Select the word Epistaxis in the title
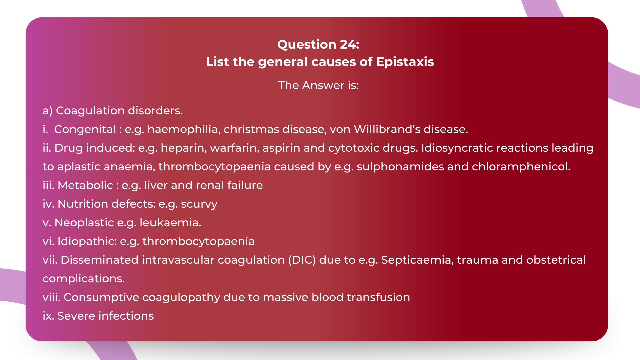click(x=405, y=62)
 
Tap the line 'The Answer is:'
click(x=318, y=85)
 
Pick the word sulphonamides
click(x=400, y=167)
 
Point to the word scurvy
click(x=199, y=204)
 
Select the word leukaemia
click(x=170, y=223)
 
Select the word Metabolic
click(x=85, y=185)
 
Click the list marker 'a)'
click(x=48, y=111)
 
